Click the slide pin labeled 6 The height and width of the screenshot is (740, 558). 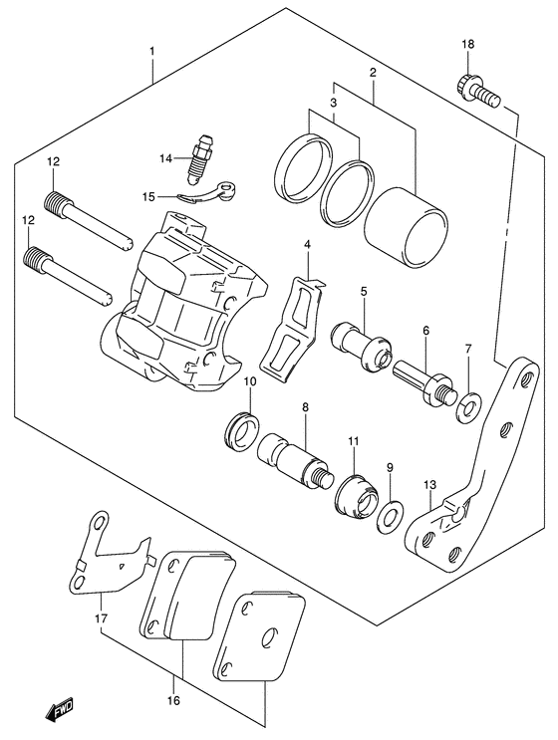pos(423,383)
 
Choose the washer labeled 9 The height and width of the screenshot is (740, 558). pos(392,515)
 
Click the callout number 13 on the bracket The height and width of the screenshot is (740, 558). pos(429,484)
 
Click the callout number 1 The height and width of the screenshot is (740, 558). pos(151,50)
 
